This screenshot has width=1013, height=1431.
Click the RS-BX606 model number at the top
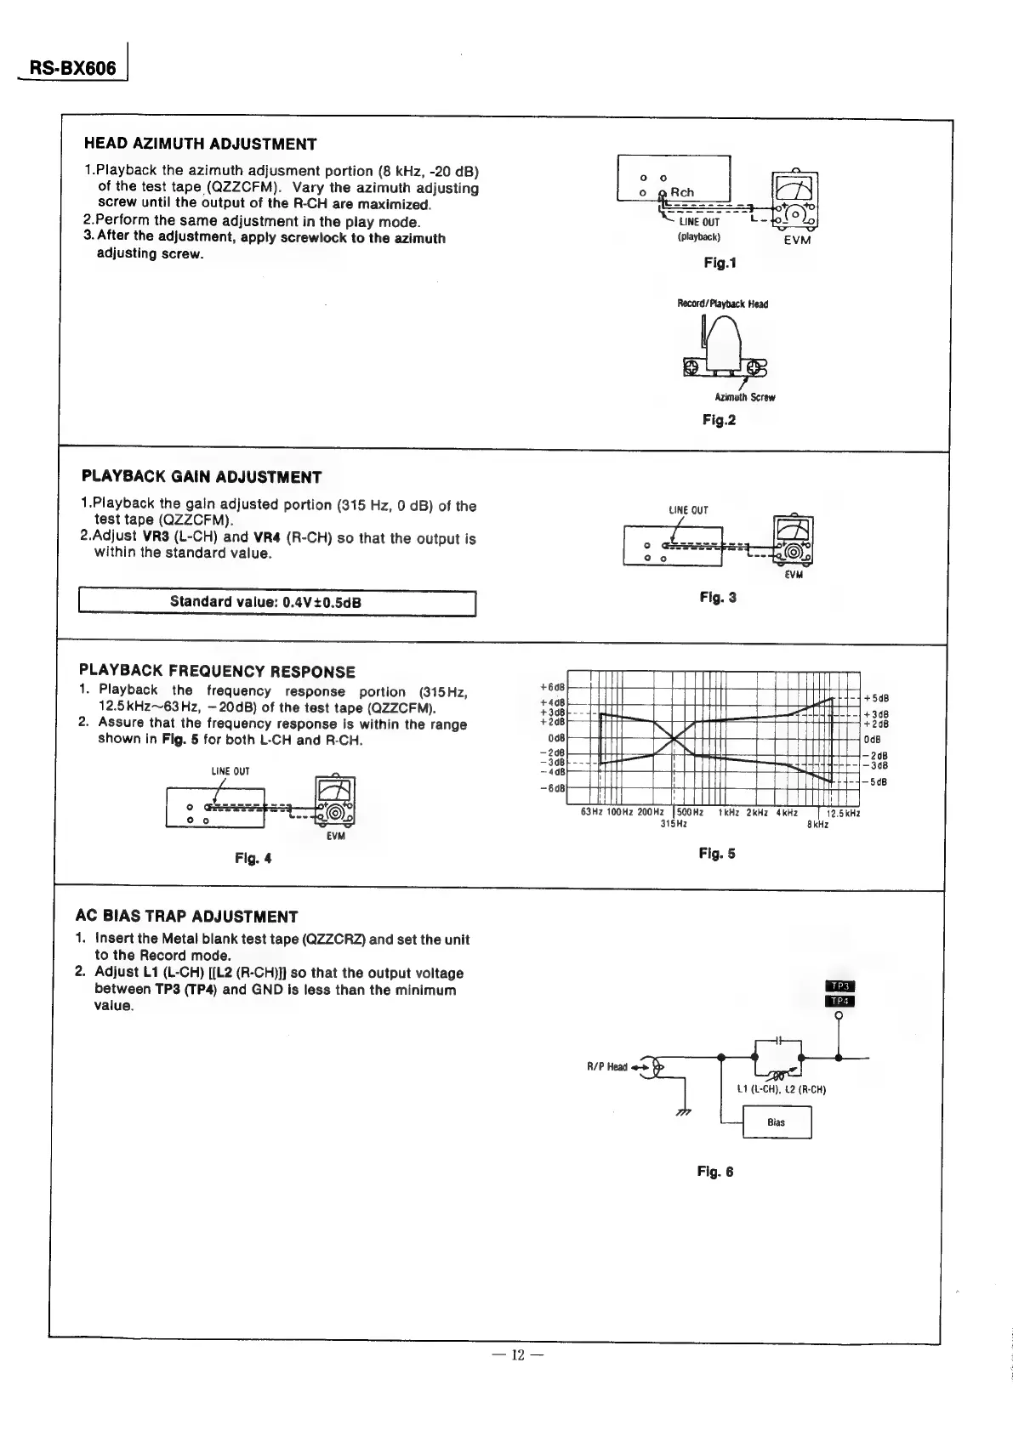pos(72,67)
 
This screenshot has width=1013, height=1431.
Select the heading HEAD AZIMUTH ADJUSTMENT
pos(201,144)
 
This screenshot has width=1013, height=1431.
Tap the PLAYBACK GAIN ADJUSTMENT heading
pos(202,476)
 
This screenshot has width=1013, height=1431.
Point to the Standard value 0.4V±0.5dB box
pos(276,602)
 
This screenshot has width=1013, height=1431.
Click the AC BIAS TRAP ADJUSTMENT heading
pos(187,917)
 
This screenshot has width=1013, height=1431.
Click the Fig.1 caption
pos(720,263)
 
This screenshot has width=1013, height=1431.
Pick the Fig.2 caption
pos(720,420)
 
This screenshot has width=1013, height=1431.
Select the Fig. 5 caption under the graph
pos(717,854)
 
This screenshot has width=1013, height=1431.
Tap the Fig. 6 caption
pos(714,1172)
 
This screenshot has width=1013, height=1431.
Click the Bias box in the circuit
pos(777,1122)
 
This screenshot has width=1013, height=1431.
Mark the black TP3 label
pos(840,985)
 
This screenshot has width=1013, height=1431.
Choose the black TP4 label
pos(840,1001)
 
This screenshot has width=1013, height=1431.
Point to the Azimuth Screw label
pos(744,397)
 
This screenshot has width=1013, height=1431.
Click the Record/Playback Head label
pos(722,304)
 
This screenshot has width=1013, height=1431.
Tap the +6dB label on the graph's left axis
pos(554,686)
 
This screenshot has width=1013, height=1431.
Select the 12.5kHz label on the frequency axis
pos(844,813)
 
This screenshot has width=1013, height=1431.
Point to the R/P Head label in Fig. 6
pos(606,1066)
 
